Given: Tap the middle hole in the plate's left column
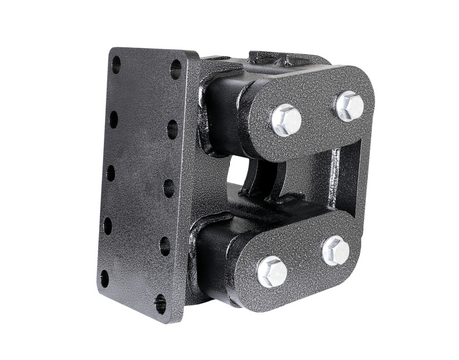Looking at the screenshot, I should tap(110, 173).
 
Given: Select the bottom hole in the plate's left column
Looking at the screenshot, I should tap(104, 278).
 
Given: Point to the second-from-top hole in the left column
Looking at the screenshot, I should tap(113, 119).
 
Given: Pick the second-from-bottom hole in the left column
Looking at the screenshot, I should tap(107, 226).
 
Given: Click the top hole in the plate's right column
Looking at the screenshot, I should tap(176, 70).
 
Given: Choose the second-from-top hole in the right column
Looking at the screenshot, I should tap(172, 129).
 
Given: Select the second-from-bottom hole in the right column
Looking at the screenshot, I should tap(164, 245).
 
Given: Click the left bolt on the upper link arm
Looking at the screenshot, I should tap(286, 120).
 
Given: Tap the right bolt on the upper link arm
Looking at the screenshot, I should tap(349, 105).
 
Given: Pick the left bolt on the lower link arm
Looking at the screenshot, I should tap(272, 270).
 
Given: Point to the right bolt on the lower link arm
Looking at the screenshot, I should tap(336, 251).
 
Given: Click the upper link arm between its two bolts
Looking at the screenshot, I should tap(317, 113).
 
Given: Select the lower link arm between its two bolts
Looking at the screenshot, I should tap(304, 261).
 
